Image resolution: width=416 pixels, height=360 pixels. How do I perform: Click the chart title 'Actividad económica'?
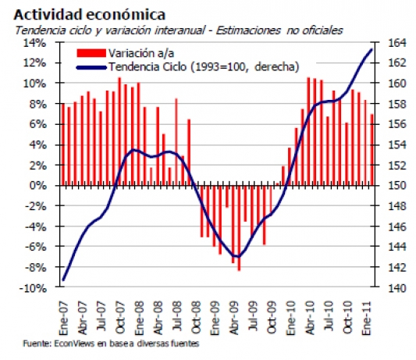pyautogui.click(x=90, y=14)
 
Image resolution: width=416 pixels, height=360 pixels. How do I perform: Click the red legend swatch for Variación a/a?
pyautogui.click(x=91, y=53)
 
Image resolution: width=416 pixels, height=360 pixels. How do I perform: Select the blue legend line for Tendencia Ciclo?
pyautogui.click(x=91, y=67)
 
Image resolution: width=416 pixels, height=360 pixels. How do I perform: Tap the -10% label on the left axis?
pyautogui.click(x=33, y=288)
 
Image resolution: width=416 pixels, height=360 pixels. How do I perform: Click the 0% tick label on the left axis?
pyautogui.click(x=38, y=186)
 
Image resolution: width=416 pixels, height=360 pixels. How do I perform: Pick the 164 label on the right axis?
pyautogui.click(x=397, y=43)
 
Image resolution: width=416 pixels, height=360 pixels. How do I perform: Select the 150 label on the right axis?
pyautogui.click(x=397, y=186)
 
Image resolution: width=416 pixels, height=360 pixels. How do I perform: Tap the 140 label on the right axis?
pyautogui.click(x=397, y=288)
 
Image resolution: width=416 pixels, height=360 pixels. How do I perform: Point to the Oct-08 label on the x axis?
pyautogui.click(x=196, y=317)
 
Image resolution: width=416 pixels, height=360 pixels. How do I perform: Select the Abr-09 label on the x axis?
pyautogui.click(x=234, y=318)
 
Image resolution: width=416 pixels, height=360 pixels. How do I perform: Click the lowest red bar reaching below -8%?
pyautogui.click(x=239, y=228)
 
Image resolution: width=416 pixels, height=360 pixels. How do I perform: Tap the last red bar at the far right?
pyautogui.click(x=372, y=150)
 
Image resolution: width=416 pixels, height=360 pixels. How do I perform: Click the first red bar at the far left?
pyautogui.click(x=63, y=144)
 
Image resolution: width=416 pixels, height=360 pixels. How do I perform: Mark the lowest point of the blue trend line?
pyautogui.click(x=237, y=256)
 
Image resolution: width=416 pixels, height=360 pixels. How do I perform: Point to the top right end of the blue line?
pyautogui.click(x=372, y=49)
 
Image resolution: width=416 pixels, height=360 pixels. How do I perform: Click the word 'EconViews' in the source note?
pyautogui.click(x=74, y=344)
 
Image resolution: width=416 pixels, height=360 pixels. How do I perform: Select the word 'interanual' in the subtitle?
pyautogui.click(x=180, y=30)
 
